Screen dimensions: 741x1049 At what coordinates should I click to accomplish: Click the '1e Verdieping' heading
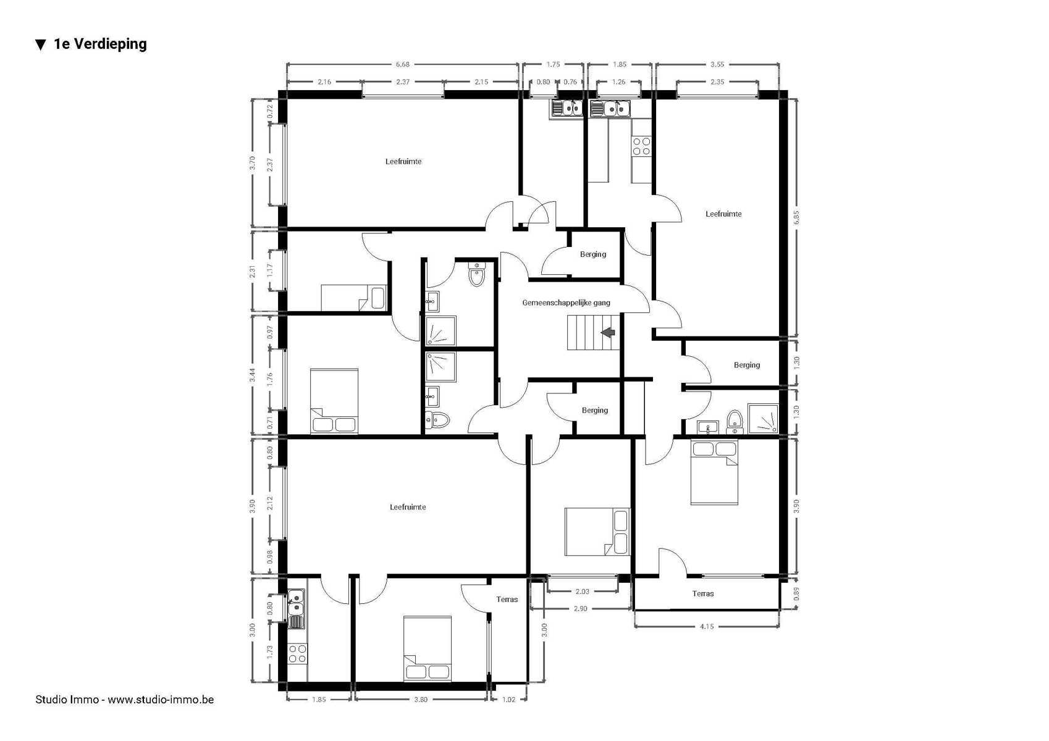100,44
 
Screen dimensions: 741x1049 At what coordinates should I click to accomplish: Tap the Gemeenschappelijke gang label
566,303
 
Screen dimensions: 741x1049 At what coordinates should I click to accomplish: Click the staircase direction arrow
609,333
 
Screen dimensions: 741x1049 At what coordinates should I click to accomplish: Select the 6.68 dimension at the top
402,64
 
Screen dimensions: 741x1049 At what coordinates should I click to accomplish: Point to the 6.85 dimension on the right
796,217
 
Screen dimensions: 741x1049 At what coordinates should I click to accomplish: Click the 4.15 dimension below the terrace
707,626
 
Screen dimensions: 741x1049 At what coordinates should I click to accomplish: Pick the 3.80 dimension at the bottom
421,700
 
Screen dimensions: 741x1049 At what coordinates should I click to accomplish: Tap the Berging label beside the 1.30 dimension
747,365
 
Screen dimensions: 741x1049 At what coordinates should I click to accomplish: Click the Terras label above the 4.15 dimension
703,593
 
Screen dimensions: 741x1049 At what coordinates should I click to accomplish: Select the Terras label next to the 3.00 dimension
507,600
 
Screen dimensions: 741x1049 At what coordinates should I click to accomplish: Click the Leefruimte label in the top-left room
403,162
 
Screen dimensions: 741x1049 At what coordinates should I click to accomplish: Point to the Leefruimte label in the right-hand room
723,214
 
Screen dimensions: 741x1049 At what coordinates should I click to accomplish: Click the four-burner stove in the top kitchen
641,146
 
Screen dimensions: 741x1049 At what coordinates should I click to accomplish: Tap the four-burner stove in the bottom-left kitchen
297,654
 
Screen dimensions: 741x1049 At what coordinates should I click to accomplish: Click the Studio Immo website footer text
125,700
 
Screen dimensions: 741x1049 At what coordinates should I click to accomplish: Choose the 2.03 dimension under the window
582,592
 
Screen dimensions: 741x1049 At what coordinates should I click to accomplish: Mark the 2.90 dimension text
581,609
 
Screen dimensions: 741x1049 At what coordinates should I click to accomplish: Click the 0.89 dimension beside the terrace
796,593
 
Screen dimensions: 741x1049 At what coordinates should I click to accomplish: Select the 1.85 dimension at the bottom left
319,700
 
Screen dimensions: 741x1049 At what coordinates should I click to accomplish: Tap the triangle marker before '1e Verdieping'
41,44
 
